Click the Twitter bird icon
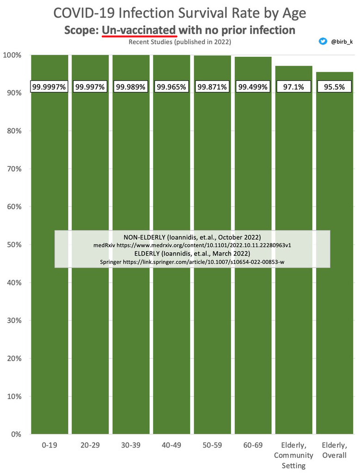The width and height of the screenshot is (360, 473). [x=323, y=42]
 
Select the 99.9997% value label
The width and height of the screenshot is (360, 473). [x=49, y=86]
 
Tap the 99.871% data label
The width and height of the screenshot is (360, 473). [x=212, y=86]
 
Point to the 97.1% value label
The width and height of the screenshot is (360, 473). [x=293, y=86]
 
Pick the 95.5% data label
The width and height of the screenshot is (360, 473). [x=334, y=86]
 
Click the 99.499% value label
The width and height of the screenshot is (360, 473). [x=253, y=86]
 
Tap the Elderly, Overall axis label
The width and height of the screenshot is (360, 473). [x=334, y=450]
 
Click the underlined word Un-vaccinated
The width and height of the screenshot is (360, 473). [x=139, y=30]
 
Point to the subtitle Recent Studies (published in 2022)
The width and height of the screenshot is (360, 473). [x=180, y=42]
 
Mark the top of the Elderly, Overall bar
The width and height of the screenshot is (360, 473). [x=334, y=73]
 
